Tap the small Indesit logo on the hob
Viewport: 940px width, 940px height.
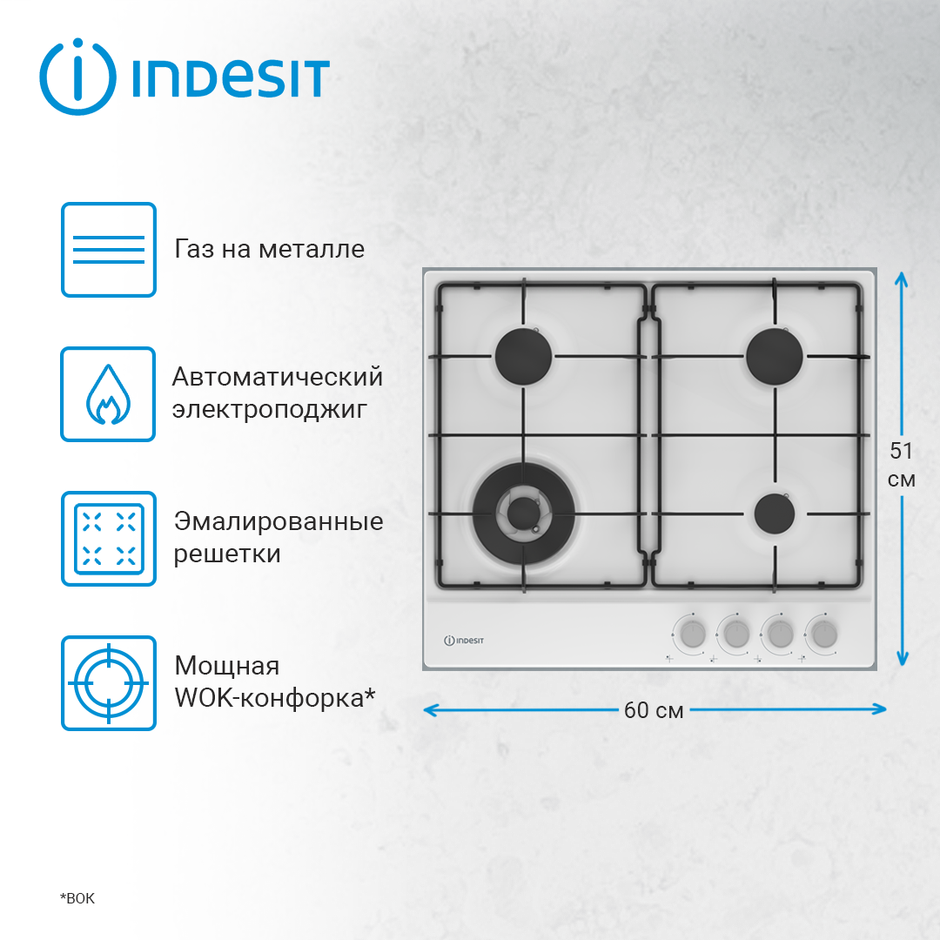(464, 640)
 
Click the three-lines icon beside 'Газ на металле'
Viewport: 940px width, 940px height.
(109, 250)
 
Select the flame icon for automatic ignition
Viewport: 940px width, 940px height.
(109, 394)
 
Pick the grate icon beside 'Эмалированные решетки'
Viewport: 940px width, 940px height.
(109, 538)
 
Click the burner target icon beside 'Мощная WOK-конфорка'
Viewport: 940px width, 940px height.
(109, 682)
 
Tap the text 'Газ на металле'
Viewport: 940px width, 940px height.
(270, 249)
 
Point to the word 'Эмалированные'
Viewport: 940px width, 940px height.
(279, 521)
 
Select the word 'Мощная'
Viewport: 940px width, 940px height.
(227, 666)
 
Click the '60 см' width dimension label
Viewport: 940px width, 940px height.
(654, 710)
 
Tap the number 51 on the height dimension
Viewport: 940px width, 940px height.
(902, 451)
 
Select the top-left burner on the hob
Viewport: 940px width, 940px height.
(524, 356)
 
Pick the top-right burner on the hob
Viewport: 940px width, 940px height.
(775, 354)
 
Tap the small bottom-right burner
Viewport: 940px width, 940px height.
(775, 514)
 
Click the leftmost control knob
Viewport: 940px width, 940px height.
(692, 633)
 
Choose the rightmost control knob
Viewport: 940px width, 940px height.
(821, 633)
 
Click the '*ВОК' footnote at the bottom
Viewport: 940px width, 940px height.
(77, 898)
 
